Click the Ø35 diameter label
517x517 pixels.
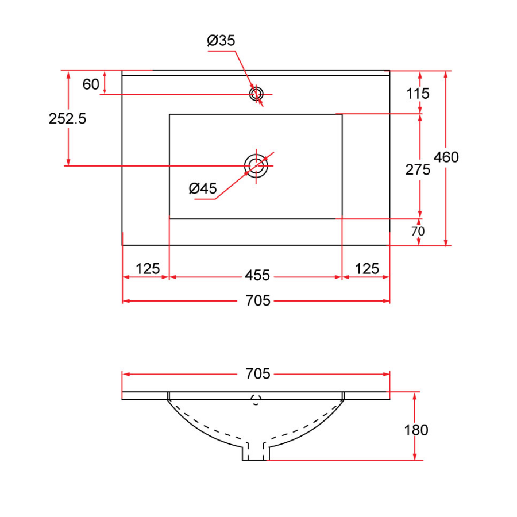(x=221, y=41)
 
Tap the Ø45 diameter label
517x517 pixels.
(x=203, y=188)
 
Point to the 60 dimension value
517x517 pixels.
(x=91, y=84)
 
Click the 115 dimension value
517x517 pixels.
(x=418, y=92)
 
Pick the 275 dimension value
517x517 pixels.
(x=418, y=169)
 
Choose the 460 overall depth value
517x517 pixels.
(x=446, y=157)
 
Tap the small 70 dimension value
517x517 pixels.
(x=418, y=231)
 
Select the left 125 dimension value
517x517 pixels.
(x=148, y=269)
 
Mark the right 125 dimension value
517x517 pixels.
(x=367, y=269)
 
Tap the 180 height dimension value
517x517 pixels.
(x=416, y=430)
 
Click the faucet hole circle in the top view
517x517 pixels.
(x=256, y=94)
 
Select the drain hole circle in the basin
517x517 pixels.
(x=256, y=165)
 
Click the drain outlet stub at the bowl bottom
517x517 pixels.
(x=256, y=452)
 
